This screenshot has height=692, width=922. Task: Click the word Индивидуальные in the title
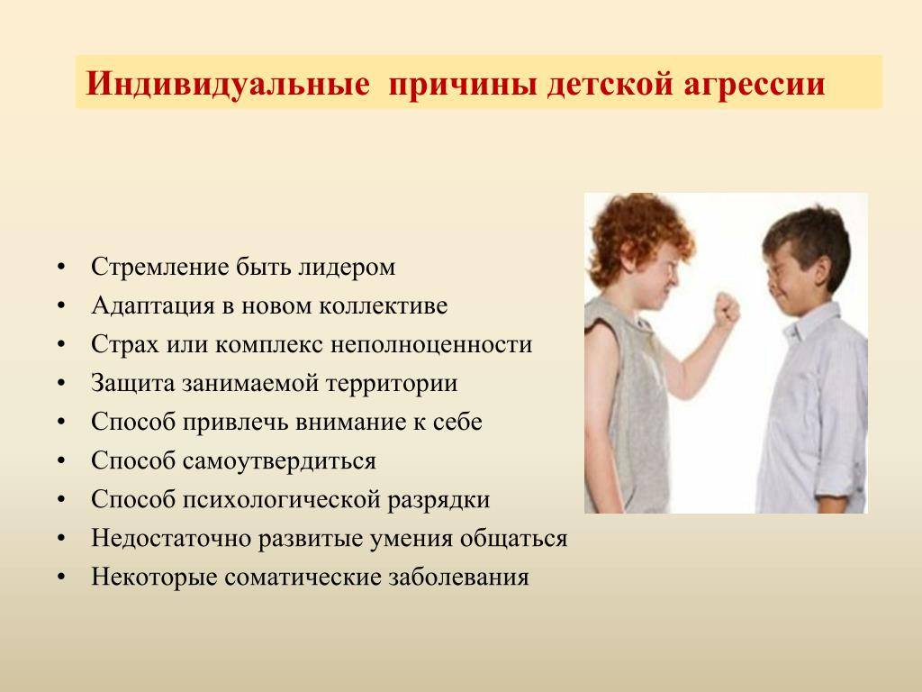pos(228,83)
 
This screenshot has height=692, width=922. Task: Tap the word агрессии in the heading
pos(755,84)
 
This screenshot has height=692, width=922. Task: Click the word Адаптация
pos(153,306)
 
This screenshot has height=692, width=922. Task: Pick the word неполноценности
pos(431,344)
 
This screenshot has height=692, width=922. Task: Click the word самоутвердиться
pos(279,460)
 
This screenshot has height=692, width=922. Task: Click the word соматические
pos(303,578)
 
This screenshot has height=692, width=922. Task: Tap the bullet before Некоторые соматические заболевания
pos(61,578)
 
